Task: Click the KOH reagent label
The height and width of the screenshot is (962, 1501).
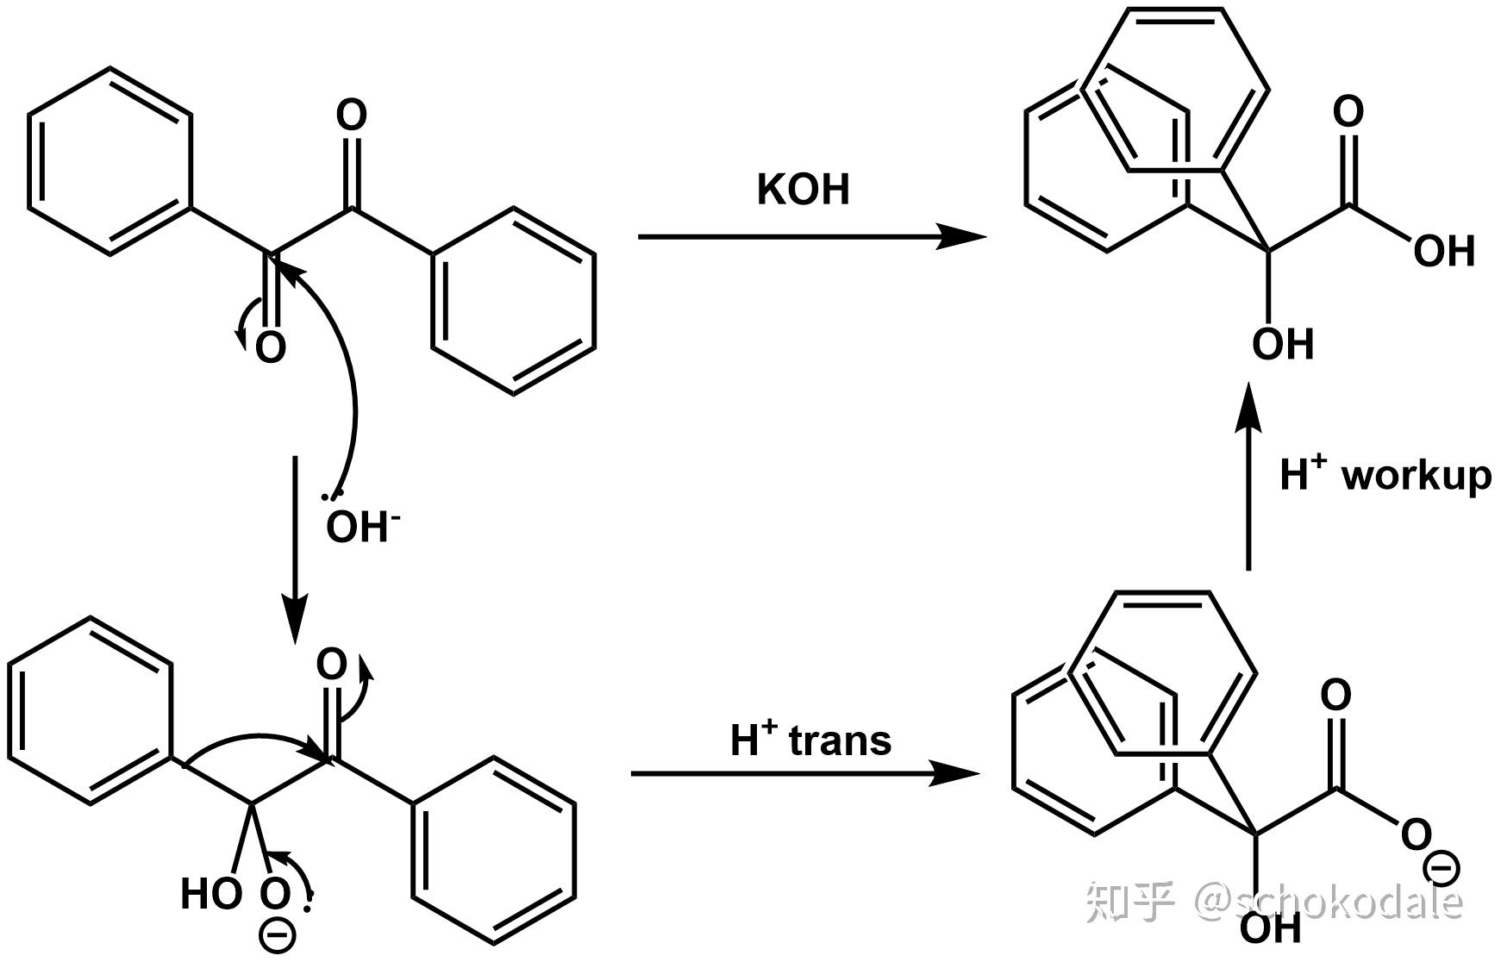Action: pos(803,190)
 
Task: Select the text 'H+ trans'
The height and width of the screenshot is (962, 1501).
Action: pos(810,740)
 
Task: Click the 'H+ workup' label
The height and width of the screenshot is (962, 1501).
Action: pos(1385,475)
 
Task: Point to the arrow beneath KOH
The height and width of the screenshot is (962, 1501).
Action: pos(810,236)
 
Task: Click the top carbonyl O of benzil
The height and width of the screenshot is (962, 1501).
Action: pos(351,116)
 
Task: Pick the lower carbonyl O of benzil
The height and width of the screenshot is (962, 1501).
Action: pos(270,347)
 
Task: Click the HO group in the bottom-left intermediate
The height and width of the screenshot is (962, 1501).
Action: pos(210,894)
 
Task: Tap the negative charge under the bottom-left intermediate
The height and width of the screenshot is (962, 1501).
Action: pos(277,936)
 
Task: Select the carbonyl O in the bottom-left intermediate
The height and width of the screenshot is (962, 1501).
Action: pos(332,665)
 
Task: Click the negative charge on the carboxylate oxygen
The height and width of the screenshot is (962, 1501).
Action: pos(1441,868)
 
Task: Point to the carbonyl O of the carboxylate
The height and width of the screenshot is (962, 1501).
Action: pos(1335,695)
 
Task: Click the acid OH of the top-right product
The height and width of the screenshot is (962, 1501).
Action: pos(1444,251)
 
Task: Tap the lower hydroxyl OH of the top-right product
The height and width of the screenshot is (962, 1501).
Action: pos(1282,344)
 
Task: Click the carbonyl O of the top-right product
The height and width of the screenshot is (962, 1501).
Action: pos(1348,112)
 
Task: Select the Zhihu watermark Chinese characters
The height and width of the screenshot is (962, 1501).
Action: pos(1130,901)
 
